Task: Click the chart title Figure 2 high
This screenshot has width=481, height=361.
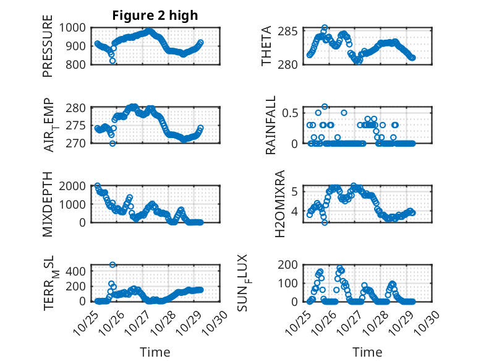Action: point(155,16)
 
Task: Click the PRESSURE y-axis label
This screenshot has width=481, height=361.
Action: point(48,50)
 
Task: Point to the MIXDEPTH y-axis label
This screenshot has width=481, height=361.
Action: point(48,205)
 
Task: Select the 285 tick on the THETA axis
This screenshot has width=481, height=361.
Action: point(291,32)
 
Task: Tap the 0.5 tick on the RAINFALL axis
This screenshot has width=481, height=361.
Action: point(291,113)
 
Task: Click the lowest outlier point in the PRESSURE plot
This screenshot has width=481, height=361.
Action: point(113,61)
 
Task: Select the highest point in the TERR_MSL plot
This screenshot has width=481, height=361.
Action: point(113,265)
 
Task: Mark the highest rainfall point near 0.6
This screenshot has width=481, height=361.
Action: point(325,107)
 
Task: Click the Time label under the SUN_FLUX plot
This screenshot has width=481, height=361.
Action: point(367,352)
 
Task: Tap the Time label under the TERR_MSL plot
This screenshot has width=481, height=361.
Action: point(155,352)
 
